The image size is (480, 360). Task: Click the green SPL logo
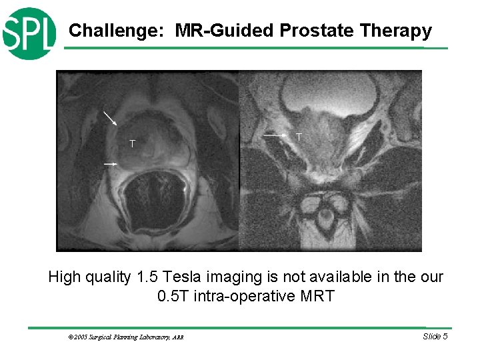[28, 33]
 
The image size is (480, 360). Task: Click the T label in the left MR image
[133, 144]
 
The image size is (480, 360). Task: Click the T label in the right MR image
[299, 137]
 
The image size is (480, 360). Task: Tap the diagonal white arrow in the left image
[110, 118]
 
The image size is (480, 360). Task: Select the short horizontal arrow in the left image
[110, 163]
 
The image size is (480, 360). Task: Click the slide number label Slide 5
[435, 336]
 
